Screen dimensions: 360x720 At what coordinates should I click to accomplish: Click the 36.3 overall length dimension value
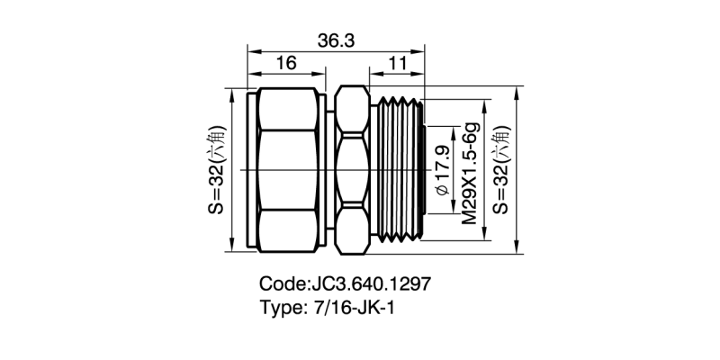(334, 40)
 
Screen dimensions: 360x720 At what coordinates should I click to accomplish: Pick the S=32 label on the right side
(500, 167)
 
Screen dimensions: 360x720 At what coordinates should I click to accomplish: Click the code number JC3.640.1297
(370, 284)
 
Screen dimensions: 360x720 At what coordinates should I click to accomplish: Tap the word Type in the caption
(280, 309)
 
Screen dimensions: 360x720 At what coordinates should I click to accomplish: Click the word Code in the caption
(283, 284)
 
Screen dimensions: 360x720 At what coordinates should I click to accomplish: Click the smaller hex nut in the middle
(352, 167)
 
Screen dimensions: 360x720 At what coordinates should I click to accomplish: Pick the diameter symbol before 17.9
(442, 192)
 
